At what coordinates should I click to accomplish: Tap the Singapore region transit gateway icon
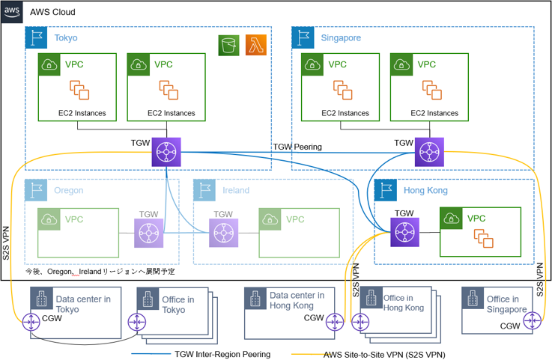coord(428,151)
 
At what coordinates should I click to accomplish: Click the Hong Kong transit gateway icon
coord(404,233)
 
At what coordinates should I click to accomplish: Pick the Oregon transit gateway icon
coord(148,233)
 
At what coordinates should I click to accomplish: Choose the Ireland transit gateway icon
coord(224,233)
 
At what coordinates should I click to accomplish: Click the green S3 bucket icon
coord(229,46)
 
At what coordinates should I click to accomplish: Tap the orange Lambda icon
coord(256,46)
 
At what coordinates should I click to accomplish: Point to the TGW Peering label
coord(297,147)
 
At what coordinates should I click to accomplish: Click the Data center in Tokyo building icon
coord(41,300)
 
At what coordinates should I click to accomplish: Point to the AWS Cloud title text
coord(52,13)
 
